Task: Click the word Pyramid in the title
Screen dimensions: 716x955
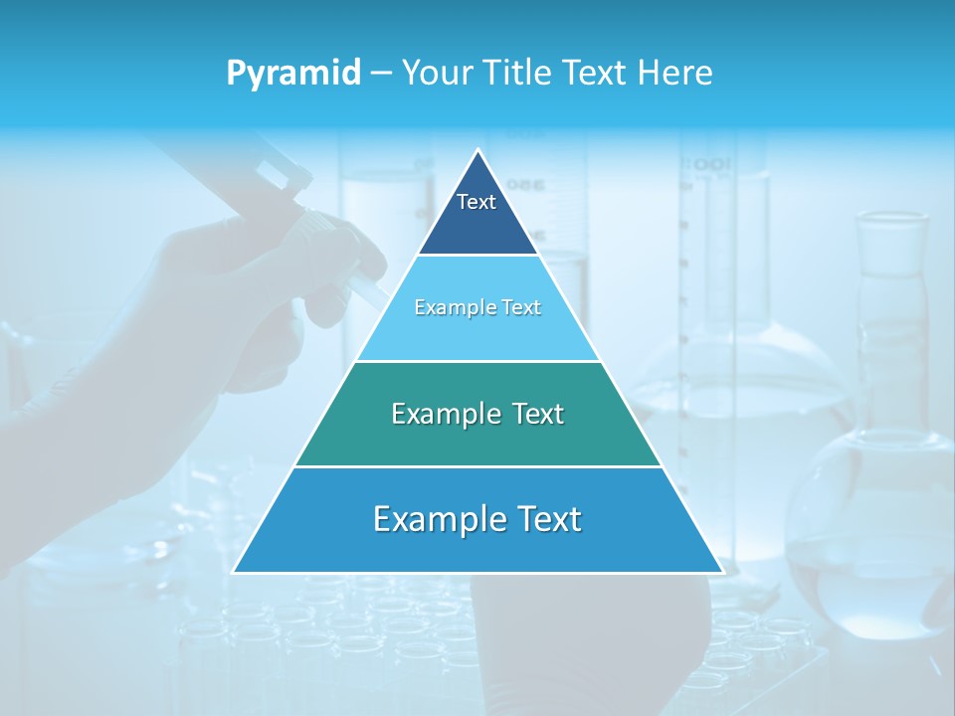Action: pos(293,74)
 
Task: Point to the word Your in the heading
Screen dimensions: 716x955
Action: pos(437,73)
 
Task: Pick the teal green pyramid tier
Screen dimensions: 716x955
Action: pos(477,438)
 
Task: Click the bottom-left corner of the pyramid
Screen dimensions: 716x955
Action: pos(234,572)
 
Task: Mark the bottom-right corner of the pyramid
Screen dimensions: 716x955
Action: pos(722,572)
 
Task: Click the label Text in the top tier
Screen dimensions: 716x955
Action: pos(477,202)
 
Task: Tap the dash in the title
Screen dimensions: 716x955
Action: pos(380,74)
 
